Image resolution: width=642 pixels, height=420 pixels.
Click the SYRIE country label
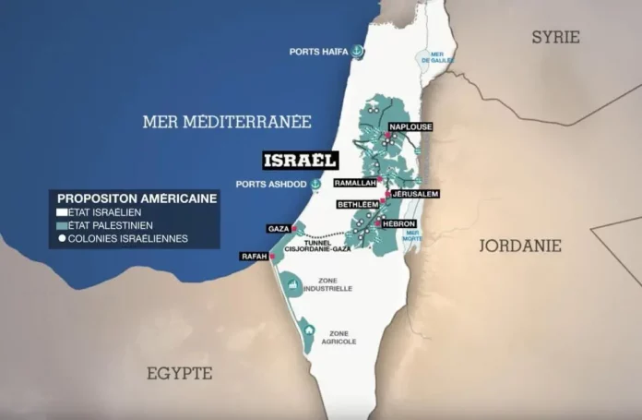pyautogui.click(x=555, y=37)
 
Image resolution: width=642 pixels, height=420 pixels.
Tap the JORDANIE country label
pyautogui.click(x=520, y=246)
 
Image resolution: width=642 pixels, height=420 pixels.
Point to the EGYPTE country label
pyautogui.click(x=179, y=373)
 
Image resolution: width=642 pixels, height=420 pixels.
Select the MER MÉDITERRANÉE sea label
pyautogui.click(x=227, y=121)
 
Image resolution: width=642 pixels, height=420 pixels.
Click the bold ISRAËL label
pyautogui.click(x=300, y=160)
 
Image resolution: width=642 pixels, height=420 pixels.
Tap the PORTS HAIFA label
pyautogui.click(x=317, y=52)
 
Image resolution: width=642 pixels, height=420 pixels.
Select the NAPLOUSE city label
pyautogui.click(x=410, y=126)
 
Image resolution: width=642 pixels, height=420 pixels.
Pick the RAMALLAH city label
pyautogui.click(x=355, y=184)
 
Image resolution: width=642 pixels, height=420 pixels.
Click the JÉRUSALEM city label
pyautogui.click(x=414, y=194)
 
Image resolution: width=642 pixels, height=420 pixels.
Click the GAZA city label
pyautogui.click(x=279, y=228)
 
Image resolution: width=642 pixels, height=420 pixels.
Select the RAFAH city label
pyautogui.click(x=254, y=256)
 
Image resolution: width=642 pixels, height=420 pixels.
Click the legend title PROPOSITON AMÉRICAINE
pyautogui.click(x=137, y=198)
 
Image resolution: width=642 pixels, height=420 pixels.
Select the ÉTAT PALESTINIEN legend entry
pyautogui.click(x=109, y=224)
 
